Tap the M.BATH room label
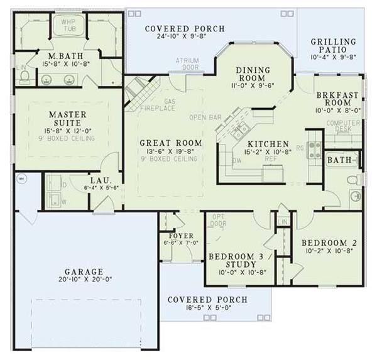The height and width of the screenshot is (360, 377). pos(62,56)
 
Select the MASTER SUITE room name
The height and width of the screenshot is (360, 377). pos(63,119)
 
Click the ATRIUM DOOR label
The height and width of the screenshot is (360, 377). pos(187,64)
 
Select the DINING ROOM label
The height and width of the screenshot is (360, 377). pos(253,74)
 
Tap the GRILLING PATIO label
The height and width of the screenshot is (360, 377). pos(333,46)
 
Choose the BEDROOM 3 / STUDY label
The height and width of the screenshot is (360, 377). pos(241,261)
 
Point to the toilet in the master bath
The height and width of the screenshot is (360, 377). pos(25,76)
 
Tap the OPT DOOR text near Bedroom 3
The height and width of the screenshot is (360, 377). pos(218,219)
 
